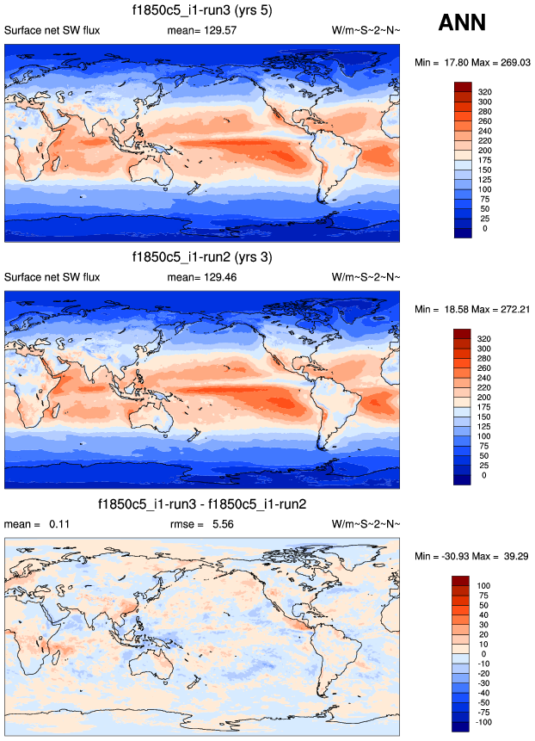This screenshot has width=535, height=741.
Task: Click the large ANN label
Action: pyautogui.click(x=462, y=23)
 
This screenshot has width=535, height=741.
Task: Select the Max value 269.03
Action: pyautogui.click(x=513, y=62)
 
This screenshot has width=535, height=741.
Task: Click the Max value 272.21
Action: pyautogui.click(x=513, y=308)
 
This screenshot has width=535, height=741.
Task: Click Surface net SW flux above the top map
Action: pyautogui.click(x=52, y=31)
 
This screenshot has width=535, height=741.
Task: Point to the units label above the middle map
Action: pyautogui.click(x=366, y=277)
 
